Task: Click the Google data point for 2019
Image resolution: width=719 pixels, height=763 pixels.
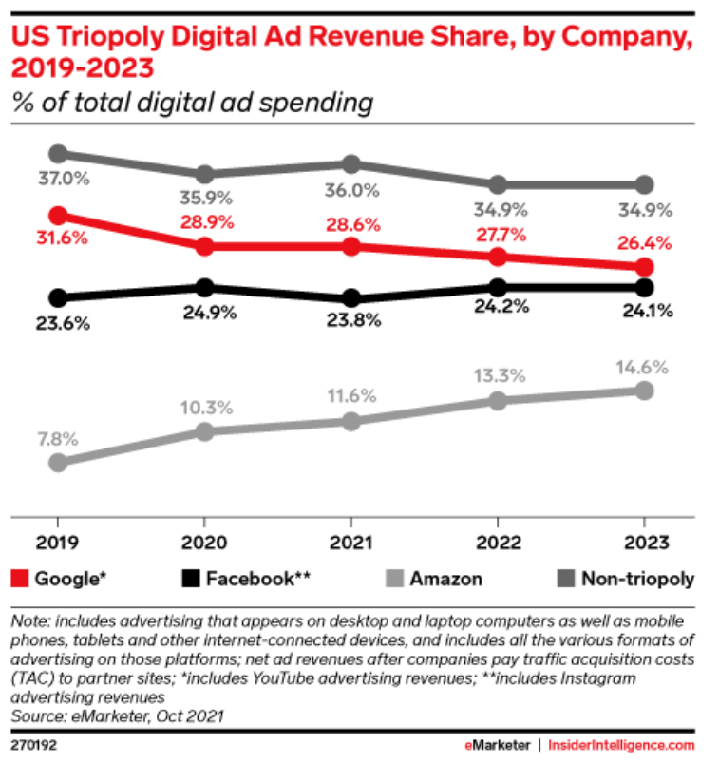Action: (58, 216)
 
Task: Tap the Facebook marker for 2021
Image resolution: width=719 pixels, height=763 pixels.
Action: (351, 298)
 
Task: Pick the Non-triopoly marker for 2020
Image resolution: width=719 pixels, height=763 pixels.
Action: (204, 174)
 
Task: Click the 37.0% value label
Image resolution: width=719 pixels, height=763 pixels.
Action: (63, 178)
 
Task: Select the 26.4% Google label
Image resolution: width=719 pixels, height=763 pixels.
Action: (644, 242)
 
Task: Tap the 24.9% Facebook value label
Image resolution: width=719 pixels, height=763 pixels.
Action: (206, 313)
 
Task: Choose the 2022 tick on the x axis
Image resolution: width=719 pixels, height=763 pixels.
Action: (498, 544)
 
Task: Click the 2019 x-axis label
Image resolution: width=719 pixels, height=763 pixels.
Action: (58, 544)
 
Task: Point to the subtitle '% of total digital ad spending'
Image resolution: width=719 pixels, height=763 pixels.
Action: (191, 102)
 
